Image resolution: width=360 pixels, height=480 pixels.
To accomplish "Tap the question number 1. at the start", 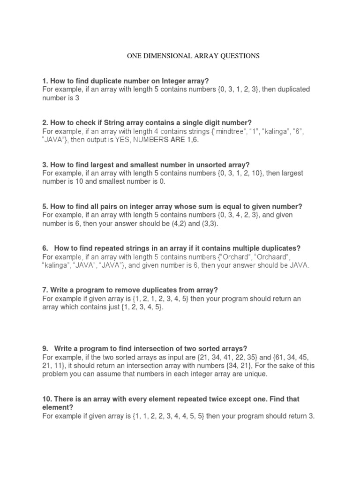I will coord(45,81).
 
